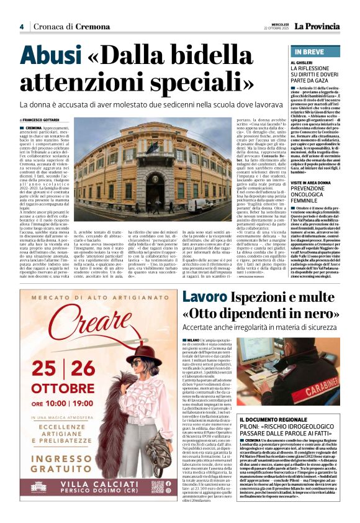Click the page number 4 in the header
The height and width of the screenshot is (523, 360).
pos(22,26)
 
